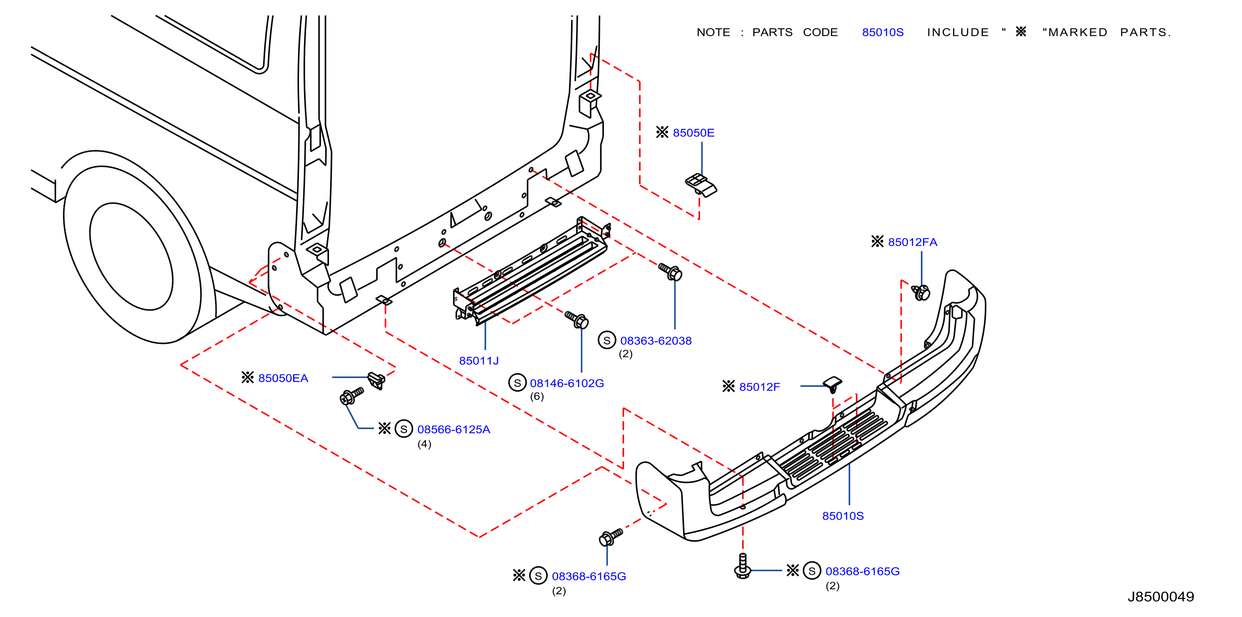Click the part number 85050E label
[x=693, y=133]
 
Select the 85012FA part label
[x=912, y=242]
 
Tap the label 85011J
[x=479, y=360]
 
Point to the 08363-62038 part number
[x=656, y=341]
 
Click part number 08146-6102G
[x=567, y=383]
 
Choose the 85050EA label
[x=283, y=378]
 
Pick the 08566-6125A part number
[x=453, y=429]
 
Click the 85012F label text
[x=760, y=387]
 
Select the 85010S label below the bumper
[x=843, y=516]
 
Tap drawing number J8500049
[x=1160, y=597]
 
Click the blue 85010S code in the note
[x=883, y=32]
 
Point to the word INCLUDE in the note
[x=957, y=32]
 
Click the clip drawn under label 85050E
[x=701, y=185]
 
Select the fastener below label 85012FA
[x=921, y=292]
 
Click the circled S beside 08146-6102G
[x=517, y=383]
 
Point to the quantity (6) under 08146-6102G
[x=537, y=396]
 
